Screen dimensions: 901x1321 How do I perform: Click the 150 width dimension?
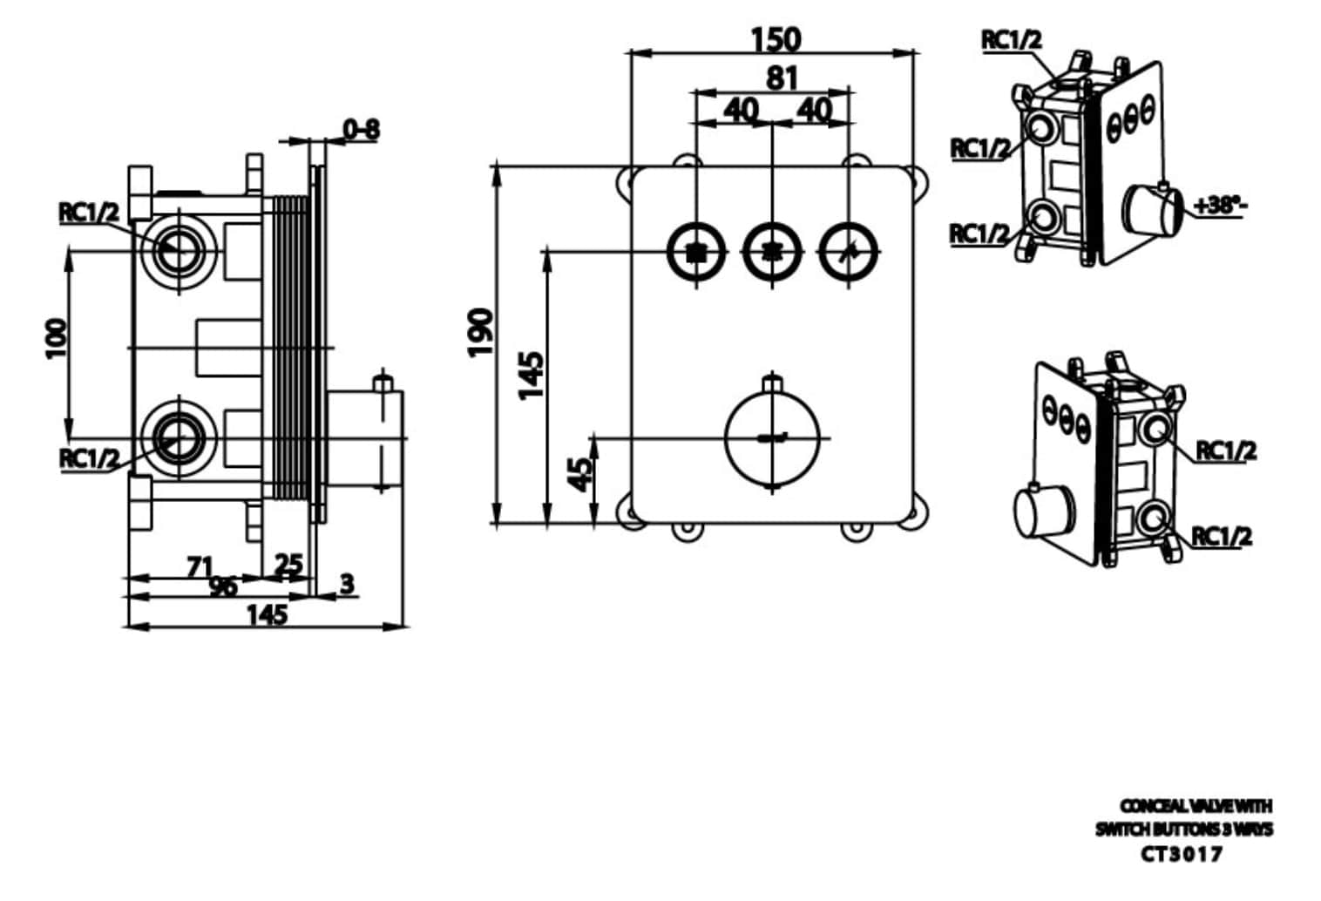coord(775,39)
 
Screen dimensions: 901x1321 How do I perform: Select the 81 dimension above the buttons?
coord(781,78)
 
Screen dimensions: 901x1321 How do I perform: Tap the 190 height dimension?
coord(480,331)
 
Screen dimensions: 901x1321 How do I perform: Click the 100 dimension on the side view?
coord(55,338)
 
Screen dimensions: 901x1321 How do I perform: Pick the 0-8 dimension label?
coord(361,130)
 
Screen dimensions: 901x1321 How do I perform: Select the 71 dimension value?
coord(200,567)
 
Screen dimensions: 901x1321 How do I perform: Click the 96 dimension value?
coord(223,586)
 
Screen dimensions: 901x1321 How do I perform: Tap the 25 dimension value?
coord(288,565)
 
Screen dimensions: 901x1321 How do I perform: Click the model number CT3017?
coord(1182,854)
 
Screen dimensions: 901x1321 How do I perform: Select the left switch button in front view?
coord(695,253)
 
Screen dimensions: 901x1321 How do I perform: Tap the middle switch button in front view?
coord(771,253)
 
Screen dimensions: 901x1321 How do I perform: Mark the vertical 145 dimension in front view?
coord(531,375)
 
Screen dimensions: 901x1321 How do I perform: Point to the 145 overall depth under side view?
coord(266,615)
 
